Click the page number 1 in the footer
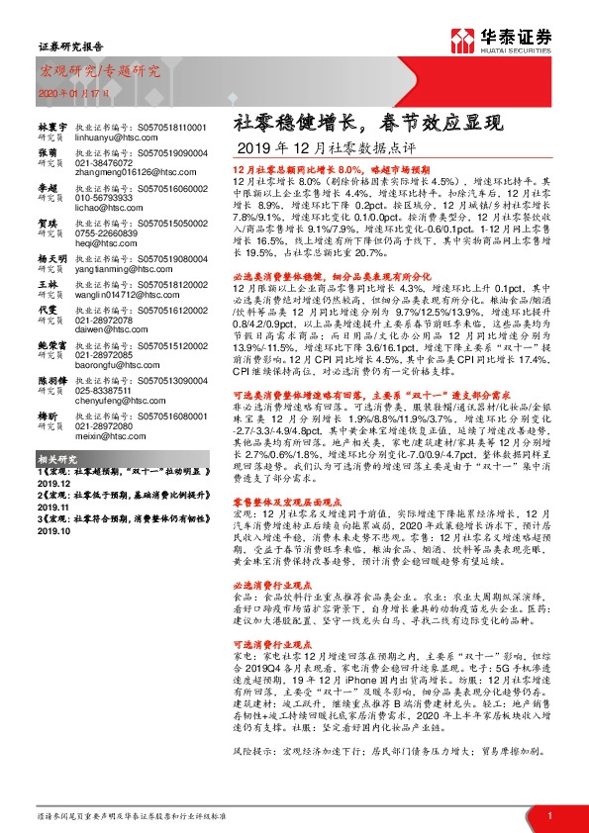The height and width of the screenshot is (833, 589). coord(548,815)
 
